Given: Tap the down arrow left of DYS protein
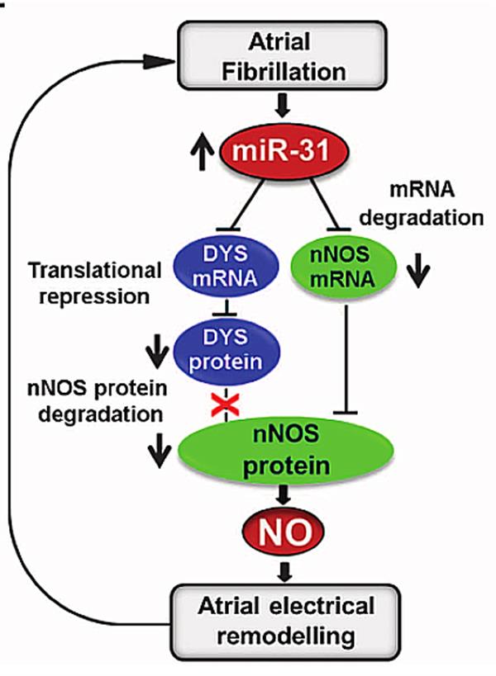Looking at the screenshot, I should tap(157, 355).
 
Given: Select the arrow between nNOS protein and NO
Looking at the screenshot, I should tap(284, 496).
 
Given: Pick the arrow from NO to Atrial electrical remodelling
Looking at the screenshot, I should tap(284, 570).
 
